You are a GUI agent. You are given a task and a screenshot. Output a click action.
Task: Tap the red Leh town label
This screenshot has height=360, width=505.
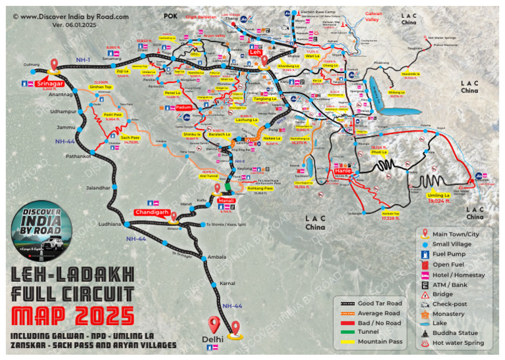(x=255, y=52)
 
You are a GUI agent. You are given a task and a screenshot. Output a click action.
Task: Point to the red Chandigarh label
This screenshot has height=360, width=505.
(x=153, y=213)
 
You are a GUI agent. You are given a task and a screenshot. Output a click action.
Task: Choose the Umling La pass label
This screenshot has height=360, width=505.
(x=439, y=196)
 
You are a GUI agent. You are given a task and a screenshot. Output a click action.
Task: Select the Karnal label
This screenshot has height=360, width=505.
(x=227, y=283)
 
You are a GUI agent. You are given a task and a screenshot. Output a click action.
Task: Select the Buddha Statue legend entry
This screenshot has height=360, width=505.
(x=456, y=333)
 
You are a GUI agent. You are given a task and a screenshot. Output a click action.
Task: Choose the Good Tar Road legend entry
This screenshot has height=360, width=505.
(x=379, y=303)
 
